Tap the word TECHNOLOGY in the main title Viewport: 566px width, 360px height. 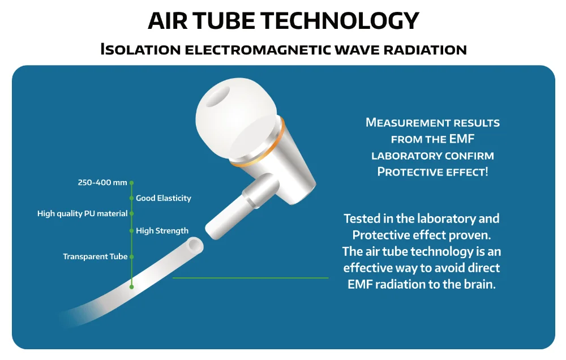pyautogui.click(x=340, y=20)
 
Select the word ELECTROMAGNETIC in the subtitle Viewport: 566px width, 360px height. pyautogui.click(x=258, y=50)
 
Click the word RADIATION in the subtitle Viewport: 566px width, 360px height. pyautogui.click(x=425, y=50)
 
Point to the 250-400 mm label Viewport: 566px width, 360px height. pyautogui.click(x=102, y=183)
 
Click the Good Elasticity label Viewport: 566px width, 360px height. pyautogui.click(x=164, y=198)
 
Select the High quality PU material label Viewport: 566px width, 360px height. pyautogui.click(x=82, y=214)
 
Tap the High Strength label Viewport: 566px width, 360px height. pyautogui.click(x=162, y=231)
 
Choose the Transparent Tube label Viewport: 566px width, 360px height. pyautogui.click(x=95, y=256)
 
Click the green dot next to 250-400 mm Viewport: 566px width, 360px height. pyautogui.click(x=131, y=183)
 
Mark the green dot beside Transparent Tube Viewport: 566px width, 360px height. pyautogui.click(x=131, y=257)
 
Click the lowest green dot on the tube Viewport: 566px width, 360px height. pyautogui.click(x=131, y=287)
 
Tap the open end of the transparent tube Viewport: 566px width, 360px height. pyautogui.click(x=195, y=246)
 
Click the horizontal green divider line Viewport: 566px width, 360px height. pyautogui.click(x=251, y=278)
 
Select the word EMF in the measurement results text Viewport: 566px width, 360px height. pyautogui.click(x=462, y=139)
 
